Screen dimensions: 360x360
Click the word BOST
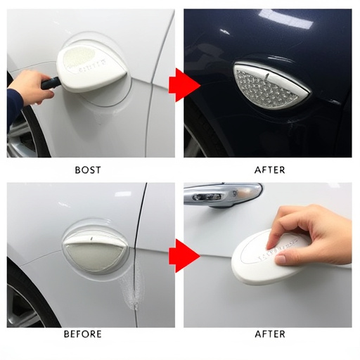[x=87, y=169]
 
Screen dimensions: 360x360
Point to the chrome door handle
[x=222, y=193]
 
